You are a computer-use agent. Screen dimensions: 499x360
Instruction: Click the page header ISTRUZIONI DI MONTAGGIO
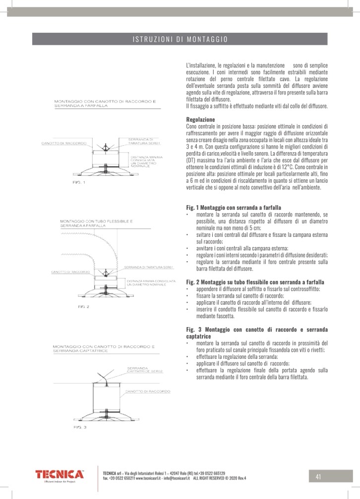(180, 39)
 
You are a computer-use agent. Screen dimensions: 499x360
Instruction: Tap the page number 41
(318, 477)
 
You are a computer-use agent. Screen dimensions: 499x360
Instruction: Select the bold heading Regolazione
(200, 120)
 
